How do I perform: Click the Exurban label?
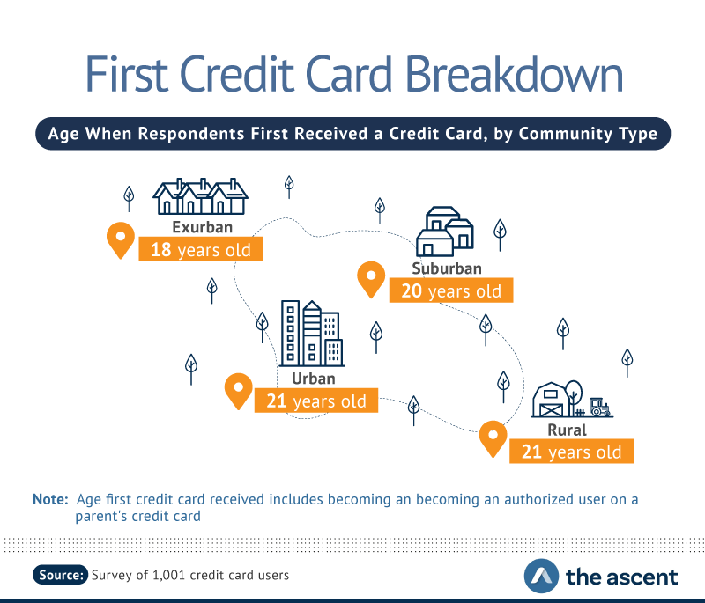(203, 227)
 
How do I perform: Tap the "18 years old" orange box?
(201, 249)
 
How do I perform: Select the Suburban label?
(447, 268)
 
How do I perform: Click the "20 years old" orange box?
(451, 290)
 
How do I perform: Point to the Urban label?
(314, 379)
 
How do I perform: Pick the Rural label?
(567, 430)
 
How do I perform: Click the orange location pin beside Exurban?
(121, 240)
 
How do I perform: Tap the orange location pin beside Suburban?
(371, 280)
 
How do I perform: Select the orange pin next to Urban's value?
(238, 391)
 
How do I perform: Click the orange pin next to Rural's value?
(493, 438)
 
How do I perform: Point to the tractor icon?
(600, 407)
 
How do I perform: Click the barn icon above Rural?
(552, 400)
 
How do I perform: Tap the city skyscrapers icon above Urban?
(312, 333)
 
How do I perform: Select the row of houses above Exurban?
(200, 196)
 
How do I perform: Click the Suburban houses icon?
(445, 232)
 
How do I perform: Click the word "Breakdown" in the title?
(514, 74)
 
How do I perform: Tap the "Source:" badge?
(60, 575)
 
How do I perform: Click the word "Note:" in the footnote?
(50, 499)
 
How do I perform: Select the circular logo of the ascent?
(541, 576)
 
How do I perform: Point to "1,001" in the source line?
(168, 575)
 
